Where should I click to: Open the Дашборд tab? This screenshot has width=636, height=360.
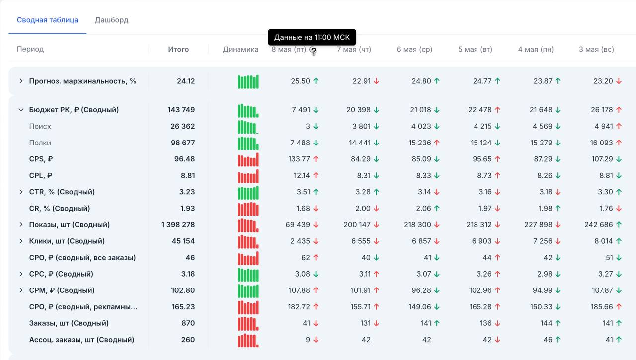point(112,20)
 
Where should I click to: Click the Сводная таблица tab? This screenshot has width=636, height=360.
point(47,20)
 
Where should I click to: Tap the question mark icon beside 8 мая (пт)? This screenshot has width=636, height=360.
point(313,50)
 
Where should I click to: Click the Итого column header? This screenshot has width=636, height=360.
point(178,49)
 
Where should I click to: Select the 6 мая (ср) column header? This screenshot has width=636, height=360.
point(414,49)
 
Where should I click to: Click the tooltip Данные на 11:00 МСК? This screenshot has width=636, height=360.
point(312,37)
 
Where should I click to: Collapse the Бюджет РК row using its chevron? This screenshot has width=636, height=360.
point(21,110)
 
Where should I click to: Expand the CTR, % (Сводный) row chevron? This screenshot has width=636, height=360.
point(21,192)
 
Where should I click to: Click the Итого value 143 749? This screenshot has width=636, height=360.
point(181,110)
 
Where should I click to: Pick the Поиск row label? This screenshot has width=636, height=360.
point(40,126)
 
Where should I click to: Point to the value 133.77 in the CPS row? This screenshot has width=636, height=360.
point(299,159)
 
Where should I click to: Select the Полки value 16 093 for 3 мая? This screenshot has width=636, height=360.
point(601,143)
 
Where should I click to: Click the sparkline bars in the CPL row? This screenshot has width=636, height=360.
point(248,176)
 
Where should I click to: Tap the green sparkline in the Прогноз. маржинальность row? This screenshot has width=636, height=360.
point(248,82)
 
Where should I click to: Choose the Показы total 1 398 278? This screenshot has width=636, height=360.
point(178,224)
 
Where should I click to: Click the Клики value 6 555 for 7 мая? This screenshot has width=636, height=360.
point(361,241)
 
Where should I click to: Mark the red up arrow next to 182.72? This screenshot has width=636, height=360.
point(316,307)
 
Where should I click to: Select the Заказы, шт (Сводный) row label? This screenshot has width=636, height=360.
point(69,323)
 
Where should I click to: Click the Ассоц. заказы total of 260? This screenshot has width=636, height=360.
point(188,340)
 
